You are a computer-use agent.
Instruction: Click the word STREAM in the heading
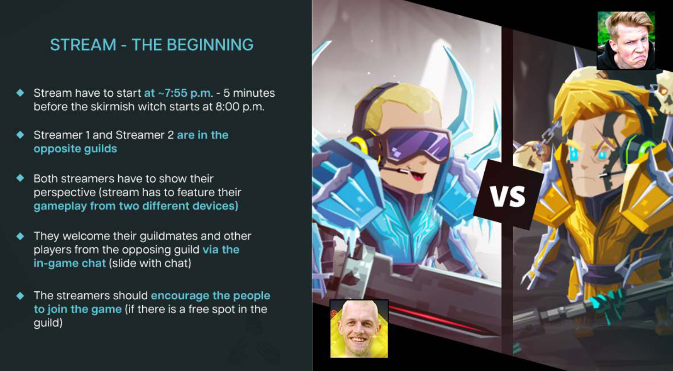tap(83, 45)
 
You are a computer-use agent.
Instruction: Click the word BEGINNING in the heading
tap(210, 45)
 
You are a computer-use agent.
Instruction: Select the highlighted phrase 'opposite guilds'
tap(75, 149)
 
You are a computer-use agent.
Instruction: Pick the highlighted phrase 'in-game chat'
tap(70, 263)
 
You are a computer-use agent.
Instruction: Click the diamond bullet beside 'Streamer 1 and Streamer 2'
tap(20, 134)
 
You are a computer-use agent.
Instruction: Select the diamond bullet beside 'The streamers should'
tap(20, 296)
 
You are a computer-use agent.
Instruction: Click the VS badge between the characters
tap(508, 195)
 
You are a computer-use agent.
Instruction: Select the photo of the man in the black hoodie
tap(626, 41)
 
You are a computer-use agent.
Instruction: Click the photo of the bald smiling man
tap(359, 329)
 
